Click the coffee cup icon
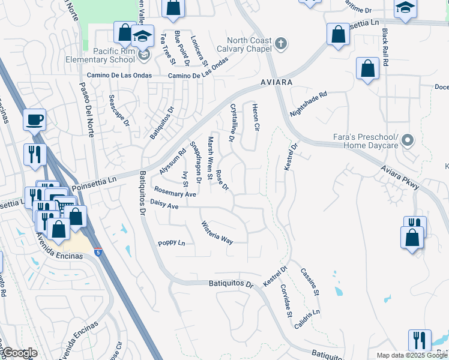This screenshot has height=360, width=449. (35, 119)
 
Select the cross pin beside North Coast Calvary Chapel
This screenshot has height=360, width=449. (280, 43)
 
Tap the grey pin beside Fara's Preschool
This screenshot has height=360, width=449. (408, 141)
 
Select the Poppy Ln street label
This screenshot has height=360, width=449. (172, 243)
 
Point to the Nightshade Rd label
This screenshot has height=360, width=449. (309, 104)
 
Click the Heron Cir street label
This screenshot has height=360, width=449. (255, 118)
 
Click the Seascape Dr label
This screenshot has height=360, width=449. (119, 110)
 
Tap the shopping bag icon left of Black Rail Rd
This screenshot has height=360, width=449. (367, 69)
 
